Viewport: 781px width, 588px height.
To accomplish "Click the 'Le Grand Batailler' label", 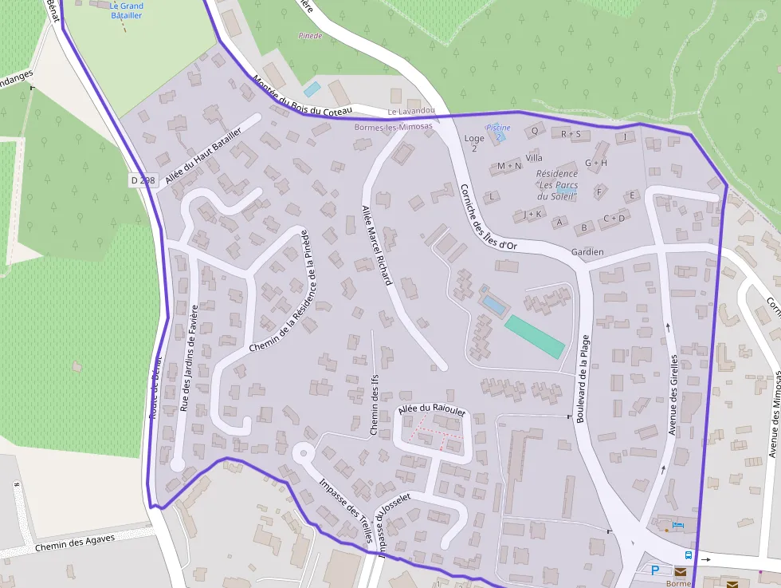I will [127, 10].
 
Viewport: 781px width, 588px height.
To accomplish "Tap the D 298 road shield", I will [142, 180].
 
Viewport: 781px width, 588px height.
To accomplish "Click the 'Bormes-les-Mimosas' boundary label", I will [392, 126].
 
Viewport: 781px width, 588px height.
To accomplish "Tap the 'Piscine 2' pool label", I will [498, 132].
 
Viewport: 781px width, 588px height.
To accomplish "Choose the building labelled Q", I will [534, 129].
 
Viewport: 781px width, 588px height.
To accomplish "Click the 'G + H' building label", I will [595, 163].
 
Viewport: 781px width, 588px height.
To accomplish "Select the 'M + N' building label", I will [508, 166].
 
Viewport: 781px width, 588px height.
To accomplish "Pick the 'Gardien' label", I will [587, 252].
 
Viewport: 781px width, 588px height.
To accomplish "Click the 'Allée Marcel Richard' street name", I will [377, 245].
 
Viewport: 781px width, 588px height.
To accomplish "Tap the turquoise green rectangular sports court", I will [535, 337].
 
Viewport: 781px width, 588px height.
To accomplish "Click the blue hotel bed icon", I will [677, 525].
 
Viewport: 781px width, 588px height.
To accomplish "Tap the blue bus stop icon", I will [688, 555].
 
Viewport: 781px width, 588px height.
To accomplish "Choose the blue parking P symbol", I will [655, 570].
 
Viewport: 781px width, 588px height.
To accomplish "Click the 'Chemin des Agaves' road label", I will [75, 543].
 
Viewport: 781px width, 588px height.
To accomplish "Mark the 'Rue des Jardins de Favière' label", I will [189, 358].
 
